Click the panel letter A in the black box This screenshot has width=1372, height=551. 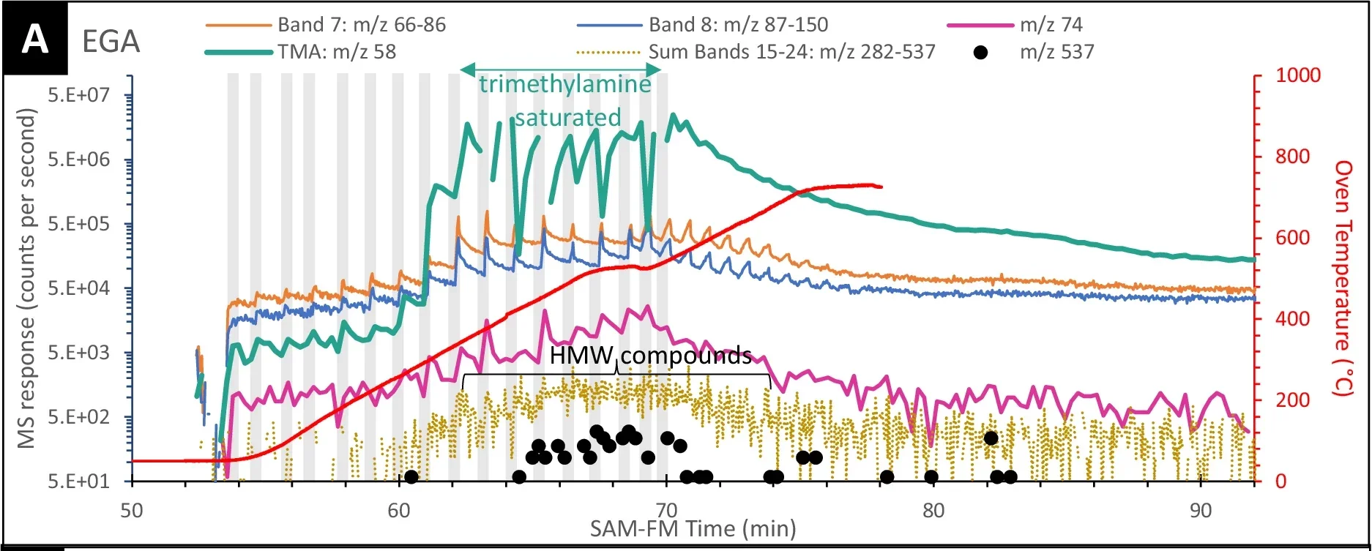[x=34, y=39]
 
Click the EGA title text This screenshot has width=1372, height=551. [x=111, y=42]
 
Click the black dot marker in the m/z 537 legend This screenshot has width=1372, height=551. [x=981, y=52]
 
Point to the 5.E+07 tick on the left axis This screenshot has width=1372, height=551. [x=78, y=96]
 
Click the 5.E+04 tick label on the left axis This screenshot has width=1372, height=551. [x=78, y=288]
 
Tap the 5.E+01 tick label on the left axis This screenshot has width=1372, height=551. [x=78, y=481]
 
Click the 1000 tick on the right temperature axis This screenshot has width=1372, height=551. [x=1297, y=75]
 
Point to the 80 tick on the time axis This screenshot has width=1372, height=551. [x=933, y=510]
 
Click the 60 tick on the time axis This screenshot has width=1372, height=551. [x=399, y=510]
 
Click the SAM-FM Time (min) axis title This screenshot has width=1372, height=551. [x=693, y=528]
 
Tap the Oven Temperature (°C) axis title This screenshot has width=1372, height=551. [x=1345, y=278]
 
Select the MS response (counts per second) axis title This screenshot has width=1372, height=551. [x=27, y=278]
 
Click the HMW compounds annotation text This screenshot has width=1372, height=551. [x=650, y=356]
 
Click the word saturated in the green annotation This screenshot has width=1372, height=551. [x=567, y=117]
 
